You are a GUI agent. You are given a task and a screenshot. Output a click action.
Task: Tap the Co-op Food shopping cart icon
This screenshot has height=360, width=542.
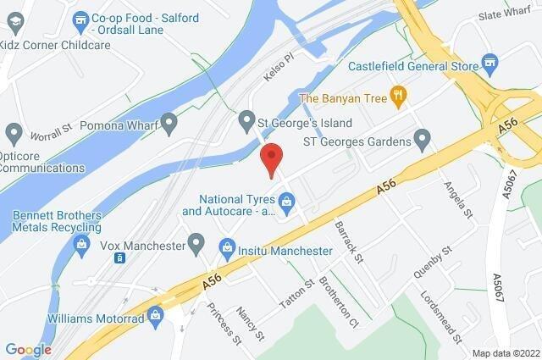click(x=81, y=18)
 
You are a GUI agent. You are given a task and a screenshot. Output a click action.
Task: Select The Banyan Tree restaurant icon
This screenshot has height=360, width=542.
click(x=395, y=96)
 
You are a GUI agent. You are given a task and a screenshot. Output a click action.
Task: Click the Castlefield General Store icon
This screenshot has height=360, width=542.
click(x=489, y=64)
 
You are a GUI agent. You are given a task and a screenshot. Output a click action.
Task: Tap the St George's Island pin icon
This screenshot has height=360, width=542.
click(x=247, y=119)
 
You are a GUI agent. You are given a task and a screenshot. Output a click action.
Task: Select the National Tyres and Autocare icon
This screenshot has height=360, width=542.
click(x=288, y=202)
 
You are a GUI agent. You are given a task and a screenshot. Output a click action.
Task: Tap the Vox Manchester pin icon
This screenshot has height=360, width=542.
click(x=196, y=245)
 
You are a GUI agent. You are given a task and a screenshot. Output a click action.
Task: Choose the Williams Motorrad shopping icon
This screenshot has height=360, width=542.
click(x=155, y=314)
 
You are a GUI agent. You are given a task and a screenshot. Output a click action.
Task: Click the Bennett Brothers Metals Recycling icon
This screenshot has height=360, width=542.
click(x=81, y=246)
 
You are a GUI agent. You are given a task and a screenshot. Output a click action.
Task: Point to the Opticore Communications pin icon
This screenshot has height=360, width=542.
click(x=14, y=133)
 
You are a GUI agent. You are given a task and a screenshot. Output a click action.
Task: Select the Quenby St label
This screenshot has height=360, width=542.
click(x=429, y=260)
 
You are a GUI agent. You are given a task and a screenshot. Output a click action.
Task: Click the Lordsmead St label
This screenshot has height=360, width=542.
click(x=442, y=318)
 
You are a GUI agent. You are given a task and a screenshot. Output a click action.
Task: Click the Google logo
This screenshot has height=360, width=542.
click(x=28, y=350)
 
